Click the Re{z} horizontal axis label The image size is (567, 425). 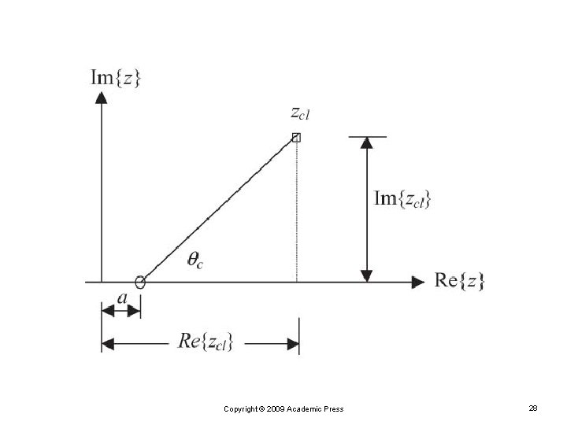[x=460, y=280]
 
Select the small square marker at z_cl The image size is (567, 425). [x=296, y=138]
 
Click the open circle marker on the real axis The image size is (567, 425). [x=140, y=282]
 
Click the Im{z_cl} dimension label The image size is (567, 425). [x=402, y=201]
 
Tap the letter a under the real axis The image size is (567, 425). [x=122, y=297]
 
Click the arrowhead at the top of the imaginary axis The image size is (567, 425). [x=101, y=98]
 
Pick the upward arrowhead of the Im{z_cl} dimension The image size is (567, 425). [x=365, y=144]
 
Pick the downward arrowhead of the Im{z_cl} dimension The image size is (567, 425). [x=365, y=275]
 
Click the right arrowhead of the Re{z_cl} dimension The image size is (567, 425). [x=293, y=343]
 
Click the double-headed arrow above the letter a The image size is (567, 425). [x=121, y=312]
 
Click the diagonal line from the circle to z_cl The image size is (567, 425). [x=218, y=209]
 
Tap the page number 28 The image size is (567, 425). [x=533, y=408]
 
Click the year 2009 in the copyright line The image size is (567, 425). [x=276, y=408]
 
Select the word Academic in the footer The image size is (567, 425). [x=306, y=408]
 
